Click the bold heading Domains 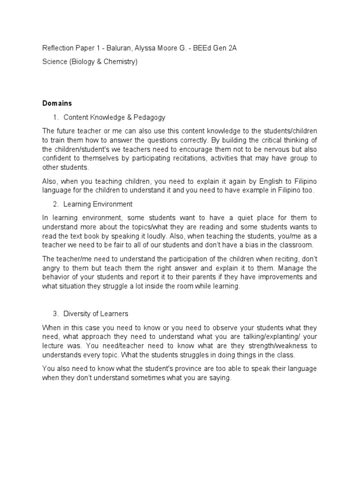pos(57,103)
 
